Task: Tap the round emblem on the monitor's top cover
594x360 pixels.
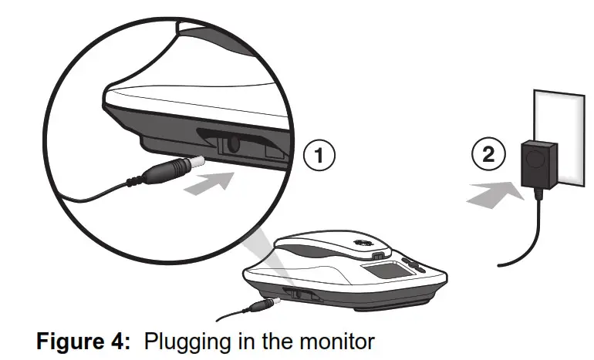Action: (x=359, y=241)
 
